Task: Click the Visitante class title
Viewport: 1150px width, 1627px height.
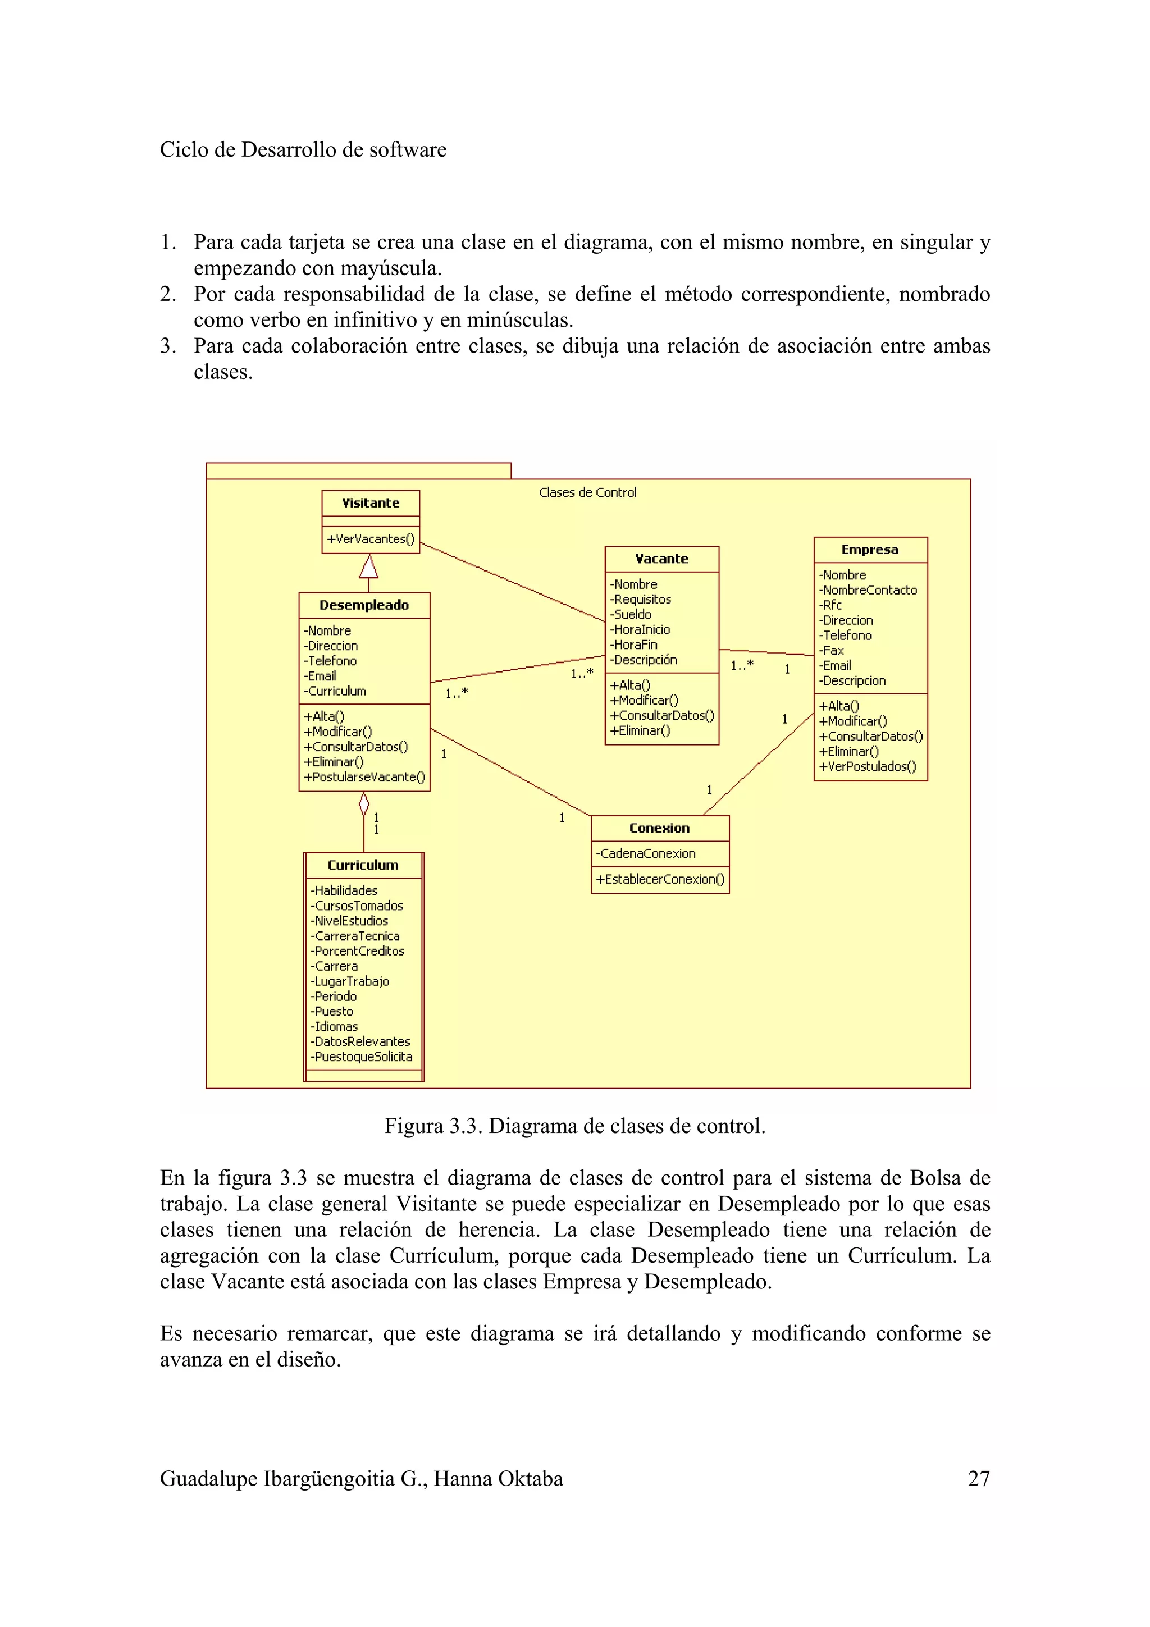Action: tap(370, 503)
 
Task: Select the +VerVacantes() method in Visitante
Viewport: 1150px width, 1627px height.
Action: tap(370, 540)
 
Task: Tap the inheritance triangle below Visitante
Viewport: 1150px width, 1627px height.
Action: tap(368, 567)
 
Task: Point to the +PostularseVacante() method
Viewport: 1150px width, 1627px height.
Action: tap(364, 778)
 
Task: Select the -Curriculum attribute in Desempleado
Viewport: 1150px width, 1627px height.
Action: tap(335, 691)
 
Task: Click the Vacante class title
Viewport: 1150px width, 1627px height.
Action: tap(661, 559)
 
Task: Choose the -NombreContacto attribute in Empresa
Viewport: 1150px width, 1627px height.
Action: tap(868, 590)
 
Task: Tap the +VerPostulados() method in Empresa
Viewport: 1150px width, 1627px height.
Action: tap(868, 767)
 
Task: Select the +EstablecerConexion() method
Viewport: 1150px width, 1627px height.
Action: tap(660, 879)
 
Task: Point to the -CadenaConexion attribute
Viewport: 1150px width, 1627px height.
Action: tap(646, 854)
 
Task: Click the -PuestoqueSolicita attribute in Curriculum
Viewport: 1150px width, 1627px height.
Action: tap(362, 1057)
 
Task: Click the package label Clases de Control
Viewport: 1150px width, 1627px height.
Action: tap(587, 492)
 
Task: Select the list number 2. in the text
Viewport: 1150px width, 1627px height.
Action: tap(168, 294)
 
